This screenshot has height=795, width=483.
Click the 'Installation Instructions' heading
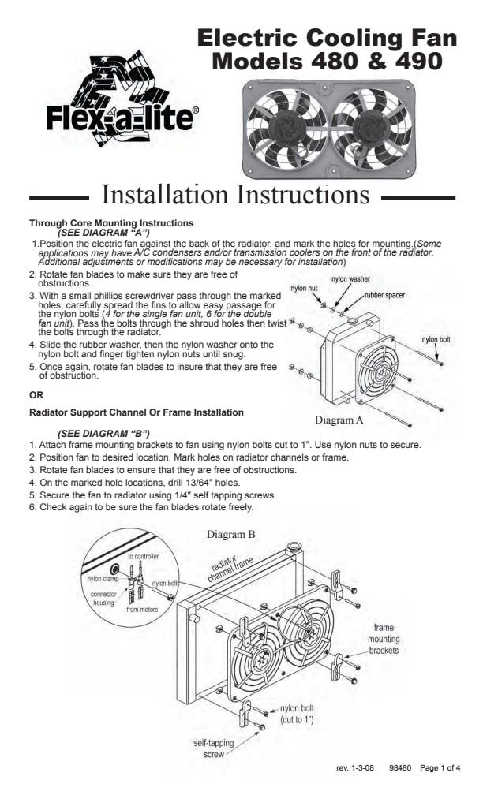[x=236, y=194]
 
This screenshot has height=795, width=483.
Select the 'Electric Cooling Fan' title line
[x=326, y=39]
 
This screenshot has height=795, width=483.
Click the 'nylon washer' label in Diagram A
[x=350, y=279]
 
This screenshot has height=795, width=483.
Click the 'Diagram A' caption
[x=339, y=420]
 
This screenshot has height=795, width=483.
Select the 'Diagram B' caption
[x=230, y=534]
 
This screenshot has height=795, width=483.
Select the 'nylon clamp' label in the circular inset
[x=102, y=578]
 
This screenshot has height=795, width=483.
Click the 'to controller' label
[x=143, y=556]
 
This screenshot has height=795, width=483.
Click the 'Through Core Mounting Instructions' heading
[x=111, y=224]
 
